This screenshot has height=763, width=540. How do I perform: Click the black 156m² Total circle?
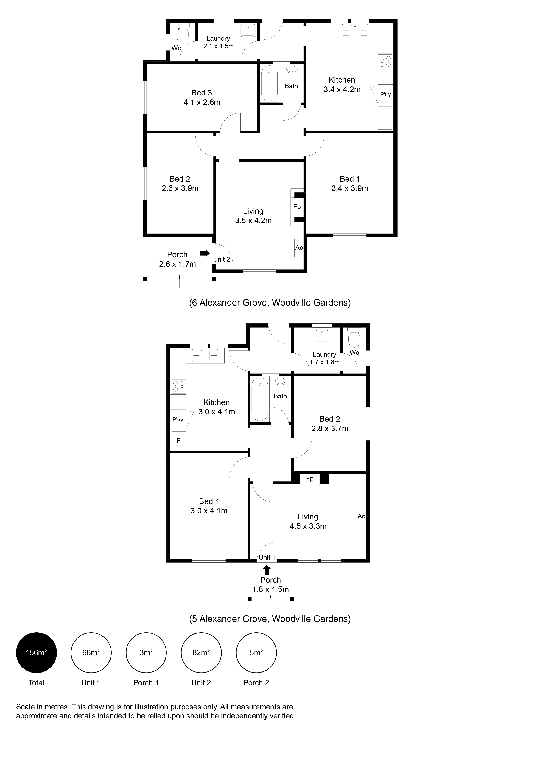(36, 652)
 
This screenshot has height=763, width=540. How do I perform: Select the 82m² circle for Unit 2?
(201, 652)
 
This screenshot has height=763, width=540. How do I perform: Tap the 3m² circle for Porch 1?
(146, 652)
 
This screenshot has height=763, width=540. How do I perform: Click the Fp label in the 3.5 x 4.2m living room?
(297, 207)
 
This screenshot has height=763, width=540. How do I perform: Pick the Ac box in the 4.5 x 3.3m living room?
(361, 516)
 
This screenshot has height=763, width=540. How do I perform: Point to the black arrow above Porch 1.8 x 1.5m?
(267, 570)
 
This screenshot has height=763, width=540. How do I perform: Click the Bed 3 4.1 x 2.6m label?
(202, 97)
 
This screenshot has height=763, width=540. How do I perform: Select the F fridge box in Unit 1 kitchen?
(179, 440)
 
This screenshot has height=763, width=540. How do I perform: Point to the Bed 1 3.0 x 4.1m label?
(209, 506)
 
